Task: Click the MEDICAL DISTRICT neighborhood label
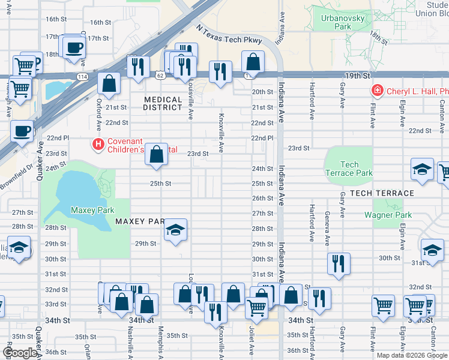point(163,103)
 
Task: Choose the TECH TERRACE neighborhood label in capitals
point(382,193)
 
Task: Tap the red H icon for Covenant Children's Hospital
point(97,144)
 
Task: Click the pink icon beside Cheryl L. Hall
point(377,91)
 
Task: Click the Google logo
point(20,353)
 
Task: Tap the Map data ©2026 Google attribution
point(411,355)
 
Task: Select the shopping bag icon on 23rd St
point(156,154)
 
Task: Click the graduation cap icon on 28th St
point(175,230)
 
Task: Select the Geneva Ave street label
point(327,229)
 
